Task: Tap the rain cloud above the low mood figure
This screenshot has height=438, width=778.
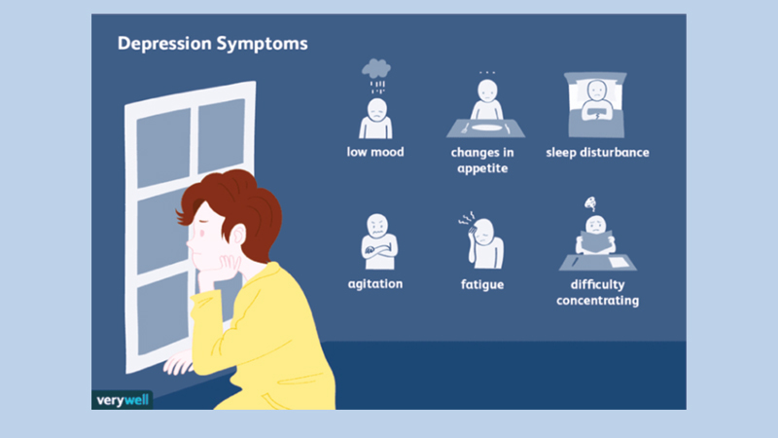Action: point(376,69)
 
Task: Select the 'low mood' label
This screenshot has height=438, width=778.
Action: point(375,153)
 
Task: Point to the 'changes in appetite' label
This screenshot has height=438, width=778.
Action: point(483,160)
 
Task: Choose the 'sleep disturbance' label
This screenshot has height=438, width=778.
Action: point(597,153)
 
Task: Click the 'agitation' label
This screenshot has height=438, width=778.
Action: point(375,284)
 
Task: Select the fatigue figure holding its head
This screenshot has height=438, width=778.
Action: point(482,241)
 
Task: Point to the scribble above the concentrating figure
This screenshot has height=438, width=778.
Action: point(590,203)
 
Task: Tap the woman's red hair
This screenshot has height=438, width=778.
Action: point(233,200)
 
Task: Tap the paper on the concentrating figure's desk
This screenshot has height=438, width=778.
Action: point(618,260)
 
